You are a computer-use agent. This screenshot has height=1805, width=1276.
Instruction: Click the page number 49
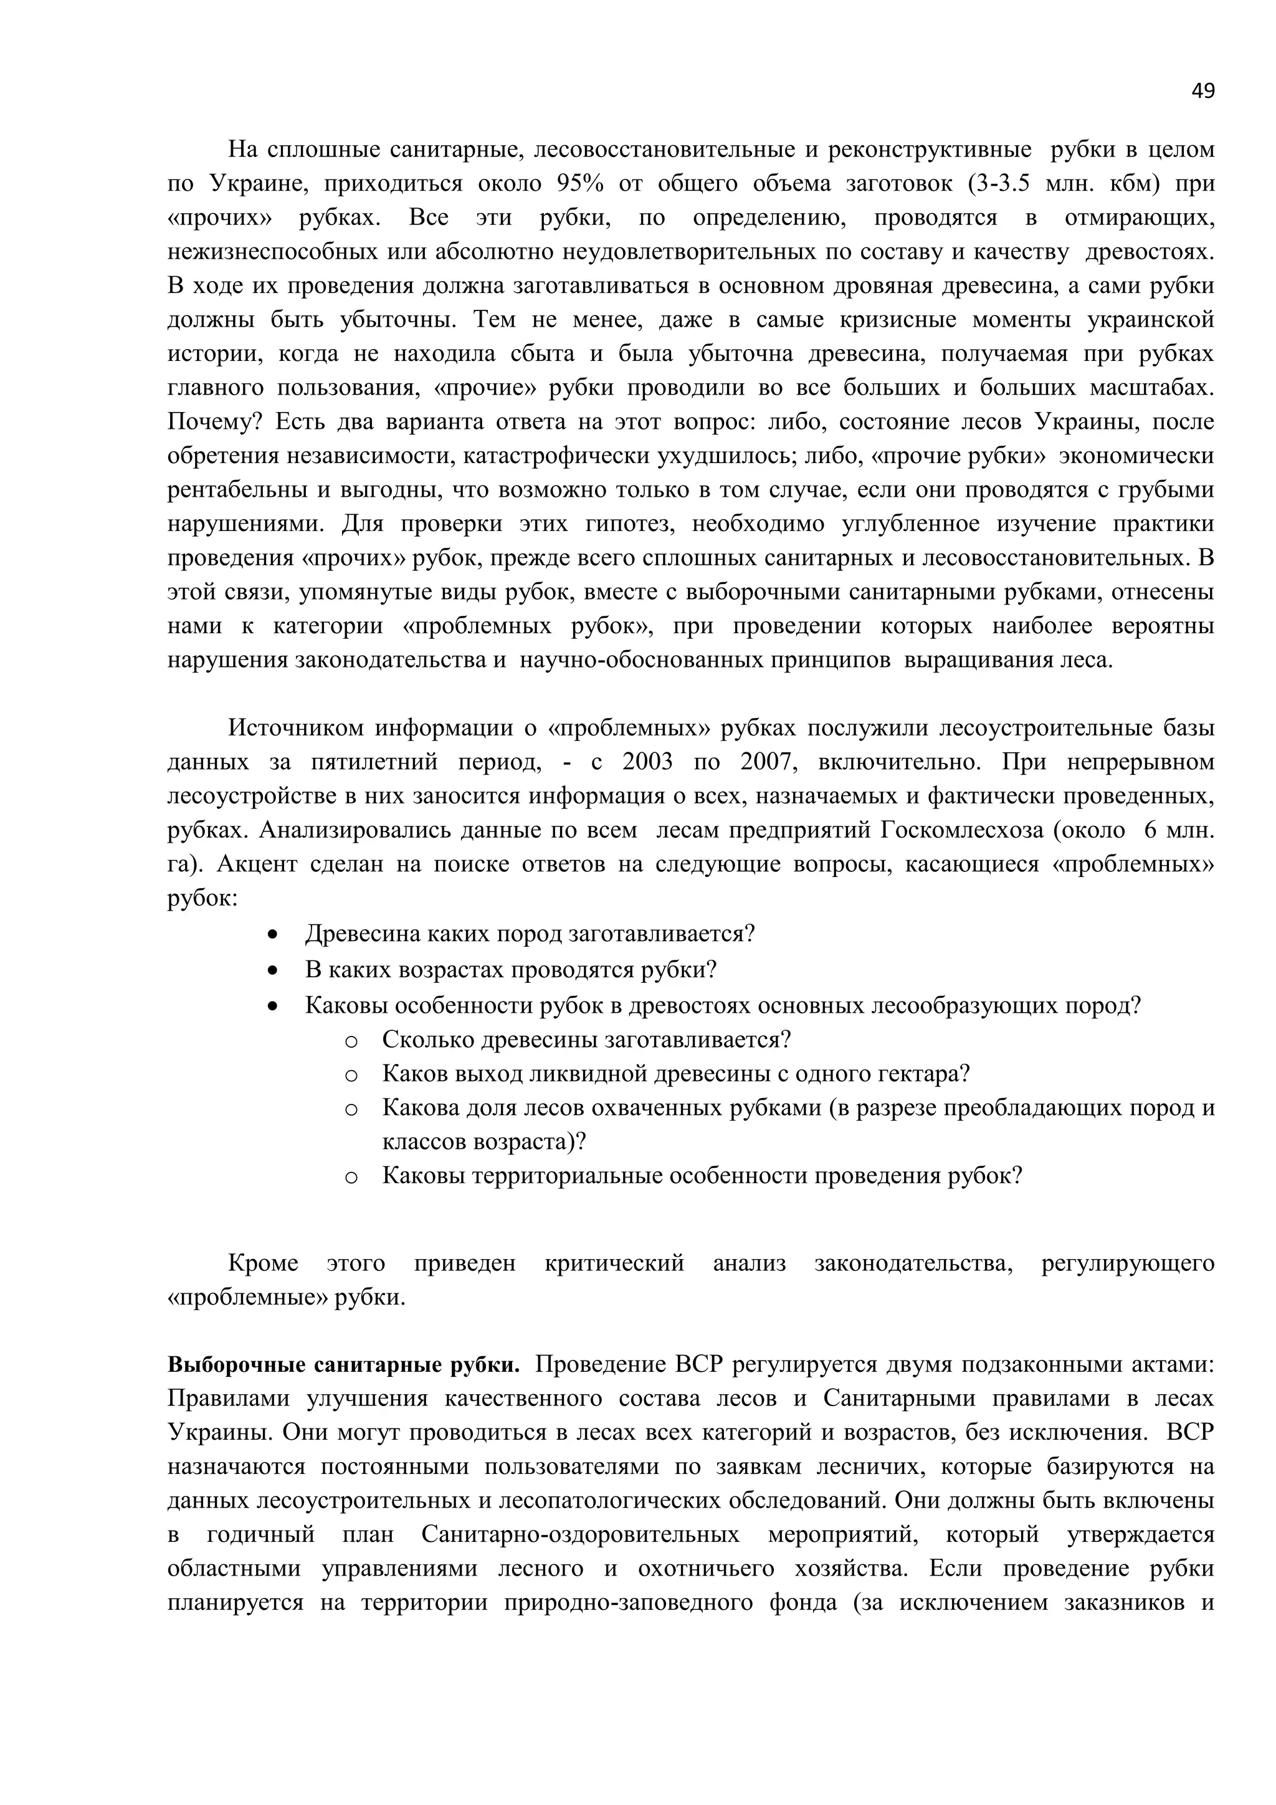[1202, 91]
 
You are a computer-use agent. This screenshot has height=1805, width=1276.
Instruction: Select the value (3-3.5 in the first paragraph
[999, 183]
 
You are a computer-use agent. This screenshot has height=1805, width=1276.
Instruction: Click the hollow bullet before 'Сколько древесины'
[351, 1041]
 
